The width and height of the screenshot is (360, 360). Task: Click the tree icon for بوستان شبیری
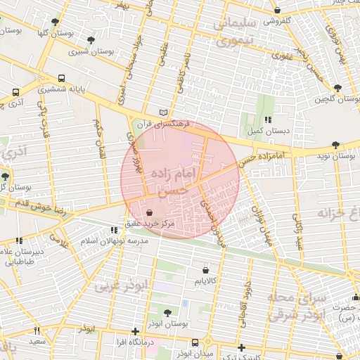[x=91, y=40]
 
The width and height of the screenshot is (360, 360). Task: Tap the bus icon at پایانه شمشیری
[x=63, y=79]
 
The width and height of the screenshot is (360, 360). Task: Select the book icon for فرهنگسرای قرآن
[x=164, y=112]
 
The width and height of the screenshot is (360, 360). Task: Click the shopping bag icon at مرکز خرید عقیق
[x=148, y=212]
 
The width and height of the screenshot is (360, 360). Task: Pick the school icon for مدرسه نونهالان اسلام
[x=115, y=230]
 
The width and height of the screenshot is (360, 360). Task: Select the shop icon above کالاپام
[x=205, y=270]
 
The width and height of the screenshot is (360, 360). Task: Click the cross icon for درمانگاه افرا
[x=135, y=331]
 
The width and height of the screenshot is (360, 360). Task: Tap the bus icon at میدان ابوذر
[x=195, y=343]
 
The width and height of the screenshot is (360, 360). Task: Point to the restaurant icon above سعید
[x=38, y=331]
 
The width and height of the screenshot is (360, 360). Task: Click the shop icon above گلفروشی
[x=278, y=11]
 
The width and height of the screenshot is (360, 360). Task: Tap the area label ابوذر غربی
[x=122, y=284]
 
